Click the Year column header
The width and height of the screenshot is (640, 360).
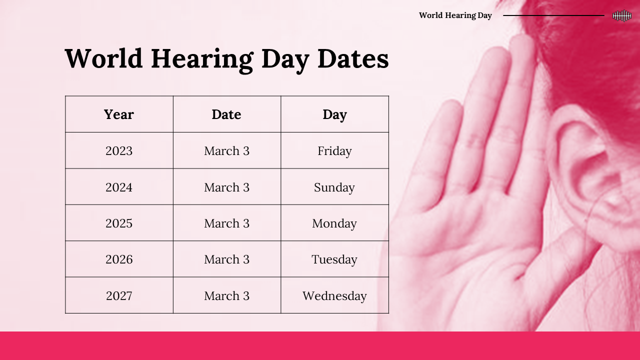point(119,114)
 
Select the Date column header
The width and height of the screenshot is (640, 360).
point(226,114)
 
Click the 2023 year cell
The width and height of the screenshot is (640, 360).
point(119,151)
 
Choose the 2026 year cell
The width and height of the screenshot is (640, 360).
point(119,259)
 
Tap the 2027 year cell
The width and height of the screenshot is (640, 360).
point(119,295)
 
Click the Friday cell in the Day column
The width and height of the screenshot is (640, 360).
point(334,151)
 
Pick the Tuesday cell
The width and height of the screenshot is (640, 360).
point(334,259)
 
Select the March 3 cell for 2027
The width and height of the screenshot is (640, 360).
point(226,295)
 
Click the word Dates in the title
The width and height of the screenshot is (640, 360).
point(353,58)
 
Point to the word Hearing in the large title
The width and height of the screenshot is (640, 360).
point(202,60)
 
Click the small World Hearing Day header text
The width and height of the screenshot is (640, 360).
point(455,15)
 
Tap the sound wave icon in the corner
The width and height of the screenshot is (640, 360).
point(622,15)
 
